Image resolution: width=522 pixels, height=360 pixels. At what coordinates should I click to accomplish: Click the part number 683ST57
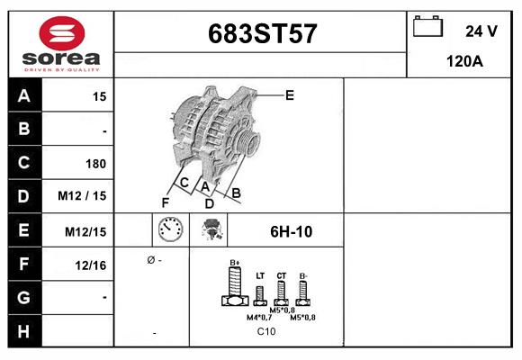pyautogui.click(x=262, y=35)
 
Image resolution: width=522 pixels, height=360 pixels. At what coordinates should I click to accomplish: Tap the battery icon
pyautogui.click(x=426, y=28)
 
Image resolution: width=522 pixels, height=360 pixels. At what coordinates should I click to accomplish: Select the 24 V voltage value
pyautogui.click(x=481, y=31)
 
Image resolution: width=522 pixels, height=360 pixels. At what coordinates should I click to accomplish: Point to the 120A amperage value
pyautogui.click(x=465, y=61)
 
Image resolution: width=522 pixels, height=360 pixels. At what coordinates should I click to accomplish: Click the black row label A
pyautogui.click(x=23, y=96)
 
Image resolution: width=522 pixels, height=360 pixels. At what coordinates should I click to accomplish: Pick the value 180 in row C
pyautogui.click(x=95, y=164)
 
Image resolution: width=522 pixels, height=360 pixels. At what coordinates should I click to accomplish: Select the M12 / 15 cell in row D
pyautogui.click(x=82, y=196)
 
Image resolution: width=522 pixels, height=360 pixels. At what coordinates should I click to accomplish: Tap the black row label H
pyautogui.click(x=23, y=330)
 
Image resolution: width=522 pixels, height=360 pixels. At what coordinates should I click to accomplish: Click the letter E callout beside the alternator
pyautogui.click(x=289, y=94)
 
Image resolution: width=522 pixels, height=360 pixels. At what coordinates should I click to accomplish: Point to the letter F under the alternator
pyautogui.click(x=165, y=202)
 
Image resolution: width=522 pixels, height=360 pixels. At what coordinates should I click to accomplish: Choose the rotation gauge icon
pyautogui.click(x=169, y=230)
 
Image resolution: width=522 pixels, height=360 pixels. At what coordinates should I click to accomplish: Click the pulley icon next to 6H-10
pyautogui.click(x=214, y=230)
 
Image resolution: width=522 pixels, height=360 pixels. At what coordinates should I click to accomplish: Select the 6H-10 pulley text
pyautogui.click(x=291, y=231)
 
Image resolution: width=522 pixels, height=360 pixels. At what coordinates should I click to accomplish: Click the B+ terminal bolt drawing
pyautogui.click(x=235, y=289)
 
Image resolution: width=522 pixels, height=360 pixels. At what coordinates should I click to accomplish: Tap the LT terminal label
pyautogui.click(x=259, y=274)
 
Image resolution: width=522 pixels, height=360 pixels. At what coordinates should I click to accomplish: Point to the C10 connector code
pyautogui.click(x=266, y=331)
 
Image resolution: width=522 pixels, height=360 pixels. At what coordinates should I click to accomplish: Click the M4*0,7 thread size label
pyautogui.click(x=260, y=317)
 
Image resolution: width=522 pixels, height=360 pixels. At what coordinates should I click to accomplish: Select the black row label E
pyautogui.click(x=23, y=230)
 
